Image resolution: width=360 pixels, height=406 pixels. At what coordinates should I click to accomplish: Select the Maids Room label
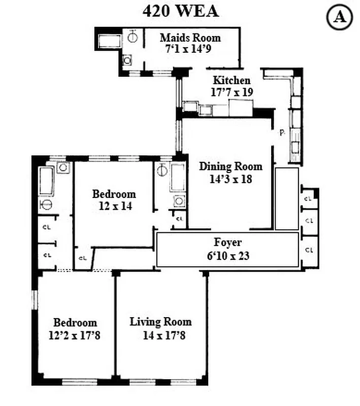190,38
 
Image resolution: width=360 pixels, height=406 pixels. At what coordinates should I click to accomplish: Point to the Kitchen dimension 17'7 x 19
232,92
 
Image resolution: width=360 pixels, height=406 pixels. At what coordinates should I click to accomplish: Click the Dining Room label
231,166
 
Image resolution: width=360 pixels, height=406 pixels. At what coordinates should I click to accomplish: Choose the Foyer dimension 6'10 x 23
228,256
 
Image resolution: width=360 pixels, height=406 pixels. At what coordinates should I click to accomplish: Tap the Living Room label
160,321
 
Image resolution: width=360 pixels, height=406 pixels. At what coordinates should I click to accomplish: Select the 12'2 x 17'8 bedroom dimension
75,335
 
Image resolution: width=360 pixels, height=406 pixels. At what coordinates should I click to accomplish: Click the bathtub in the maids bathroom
108,41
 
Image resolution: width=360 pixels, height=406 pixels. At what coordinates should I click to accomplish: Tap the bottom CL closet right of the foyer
308,250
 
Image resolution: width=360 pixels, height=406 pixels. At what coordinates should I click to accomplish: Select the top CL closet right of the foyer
308,198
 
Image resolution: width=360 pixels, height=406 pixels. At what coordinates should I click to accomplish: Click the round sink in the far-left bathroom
46,205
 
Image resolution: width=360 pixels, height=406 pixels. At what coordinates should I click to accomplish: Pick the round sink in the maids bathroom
133,37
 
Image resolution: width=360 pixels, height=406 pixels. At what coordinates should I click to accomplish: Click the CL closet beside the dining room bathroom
179,219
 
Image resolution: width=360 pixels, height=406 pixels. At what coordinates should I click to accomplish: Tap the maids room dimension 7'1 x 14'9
190,49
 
